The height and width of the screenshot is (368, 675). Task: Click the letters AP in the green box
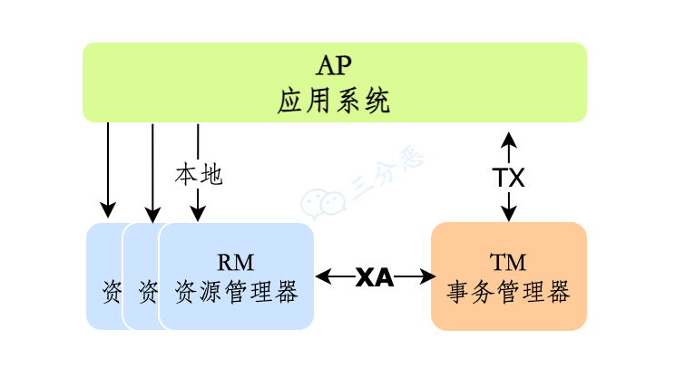[333, 66]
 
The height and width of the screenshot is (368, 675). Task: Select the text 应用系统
[333, 101]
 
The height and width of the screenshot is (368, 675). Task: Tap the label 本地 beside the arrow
[198, 174]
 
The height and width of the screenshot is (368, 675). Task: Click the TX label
[509, 177]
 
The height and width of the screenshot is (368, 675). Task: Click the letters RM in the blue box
[236, 263]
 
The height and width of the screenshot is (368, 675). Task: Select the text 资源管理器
[236, 293]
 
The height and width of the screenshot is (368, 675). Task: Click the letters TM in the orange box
[508, 263]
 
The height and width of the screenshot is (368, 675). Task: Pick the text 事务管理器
[508, 293]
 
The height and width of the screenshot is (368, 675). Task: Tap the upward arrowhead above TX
[509, 139]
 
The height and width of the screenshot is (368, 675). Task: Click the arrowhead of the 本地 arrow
[198, 214]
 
